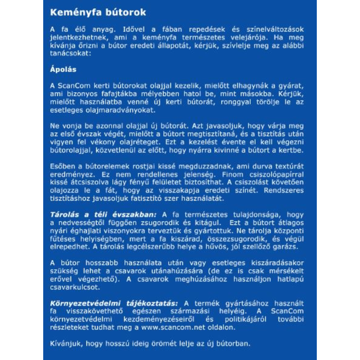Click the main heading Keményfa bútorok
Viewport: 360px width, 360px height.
tap(98, 13)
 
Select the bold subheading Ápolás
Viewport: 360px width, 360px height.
tap(63, 70)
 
